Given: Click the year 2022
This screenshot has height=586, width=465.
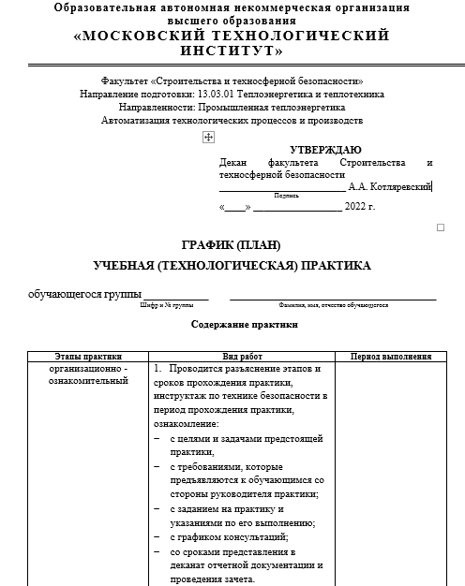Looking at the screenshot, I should click(354, 206).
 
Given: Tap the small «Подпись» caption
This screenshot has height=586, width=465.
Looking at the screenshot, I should click(286, 196).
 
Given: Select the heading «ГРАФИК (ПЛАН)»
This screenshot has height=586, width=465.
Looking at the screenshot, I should click(231, 245).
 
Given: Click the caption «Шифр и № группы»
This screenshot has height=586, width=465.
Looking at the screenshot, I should click(166, 306).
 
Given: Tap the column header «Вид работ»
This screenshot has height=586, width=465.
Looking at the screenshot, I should click(242, 357).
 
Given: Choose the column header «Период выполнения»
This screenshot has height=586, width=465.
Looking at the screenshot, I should click(390, 357).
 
